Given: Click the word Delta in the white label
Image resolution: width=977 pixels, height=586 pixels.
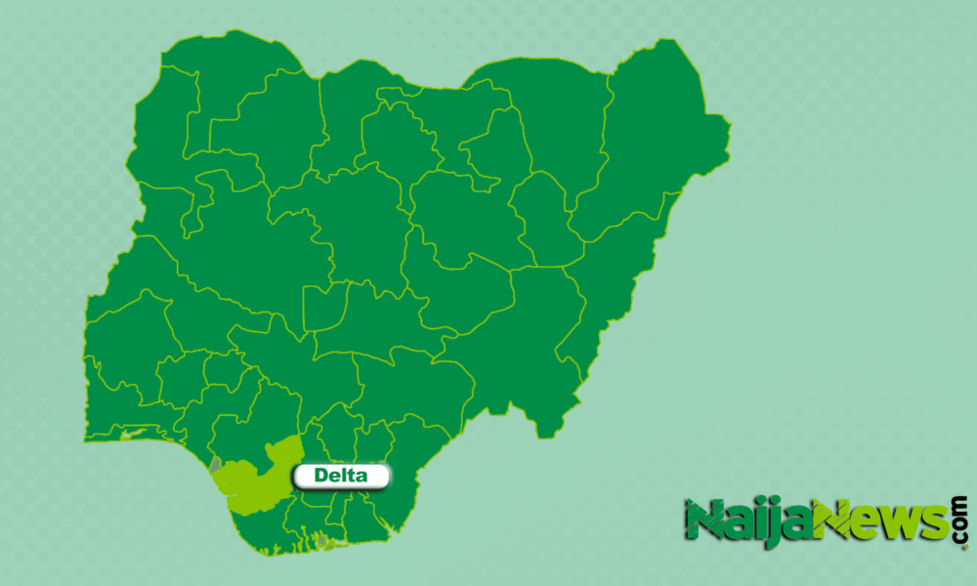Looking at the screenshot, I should click(x=341, y=477).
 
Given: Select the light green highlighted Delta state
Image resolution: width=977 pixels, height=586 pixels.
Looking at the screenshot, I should click(x=250, y=475).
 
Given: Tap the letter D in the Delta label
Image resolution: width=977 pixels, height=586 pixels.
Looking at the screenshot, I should click(x=320, y=477).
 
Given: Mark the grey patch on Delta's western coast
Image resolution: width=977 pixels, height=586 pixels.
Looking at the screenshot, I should click(x=215, y=463).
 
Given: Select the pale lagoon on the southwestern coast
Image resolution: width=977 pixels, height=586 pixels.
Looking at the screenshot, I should click(x=136, y=433).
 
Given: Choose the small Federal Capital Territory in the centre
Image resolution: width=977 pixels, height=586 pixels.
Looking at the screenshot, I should click(x=324, y=306).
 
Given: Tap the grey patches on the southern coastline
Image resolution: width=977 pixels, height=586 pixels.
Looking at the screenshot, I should click(x=321, y=539).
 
